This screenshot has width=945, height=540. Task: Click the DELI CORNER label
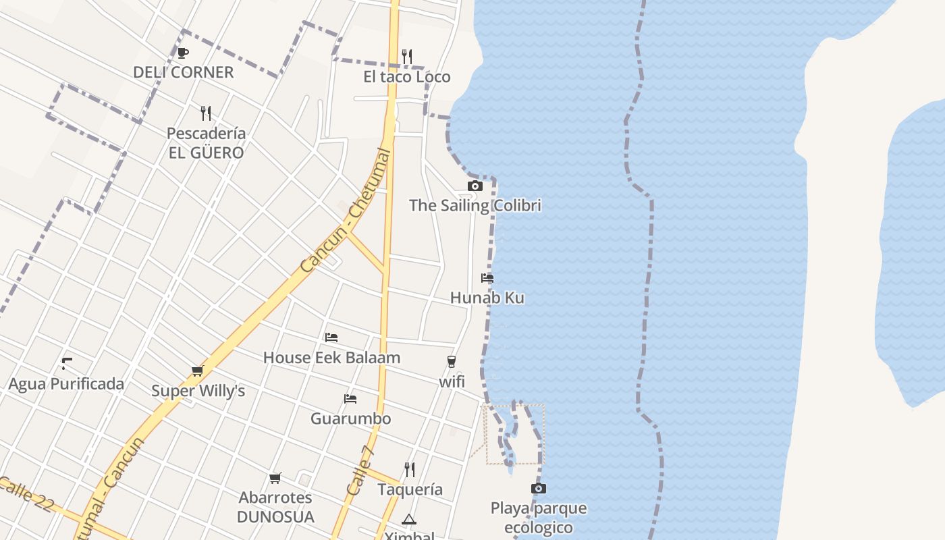point(183,72)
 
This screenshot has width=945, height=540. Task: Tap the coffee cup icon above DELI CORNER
point(182,53)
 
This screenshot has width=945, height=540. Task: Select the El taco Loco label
point(406,77)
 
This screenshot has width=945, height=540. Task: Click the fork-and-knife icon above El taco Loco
point(407,57)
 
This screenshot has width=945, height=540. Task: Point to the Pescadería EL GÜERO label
point(206,143)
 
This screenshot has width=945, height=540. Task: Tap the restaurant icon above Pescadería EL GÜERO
point(206,113)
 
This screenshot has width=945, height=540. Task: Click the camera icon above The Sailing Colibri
point(475,186)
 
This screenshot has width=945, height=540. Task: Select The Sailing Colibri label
point(475,205)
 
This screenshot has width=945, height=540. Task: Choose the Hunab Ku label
point(487,298)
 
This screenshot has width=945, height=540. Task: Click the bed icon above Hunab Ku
point(487,278)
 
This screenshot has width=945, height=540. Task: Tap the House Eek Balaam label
point(331,358)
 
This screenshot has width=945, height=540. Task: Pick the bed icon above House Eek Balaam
point(331,337)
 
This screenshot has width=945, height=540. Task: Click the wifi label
point(452,381)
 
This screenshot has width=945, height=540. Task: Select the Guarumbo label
point(350,418)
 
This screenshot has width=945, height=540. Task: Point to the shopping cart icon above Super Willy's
point(197,371)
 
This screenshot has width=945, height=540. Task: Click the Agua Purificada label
point(66,384)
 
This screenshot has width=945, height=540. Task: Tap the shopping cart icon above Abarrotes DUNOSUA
point(275,479)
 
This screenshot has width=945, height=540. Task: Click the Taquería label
point(410,489)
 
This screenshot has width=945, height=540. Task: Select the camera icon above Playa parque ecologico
point(538,488)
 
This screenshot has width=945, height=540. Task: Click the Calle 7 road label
point(360,470)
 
